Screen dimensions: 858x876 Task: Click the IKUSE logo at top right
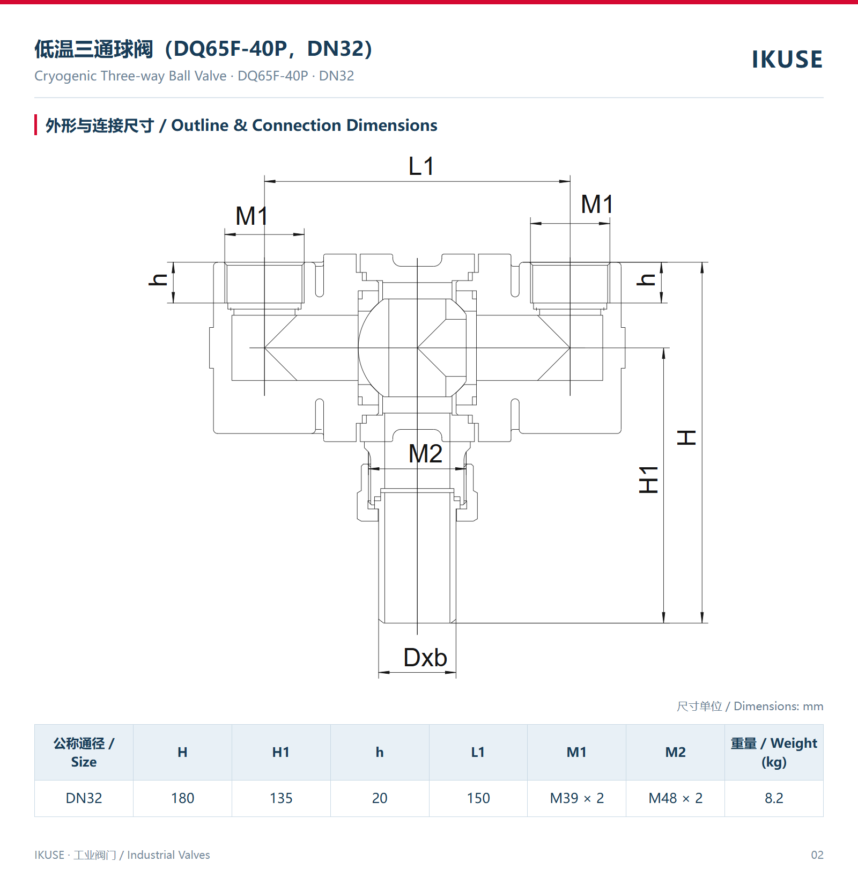point(787,60)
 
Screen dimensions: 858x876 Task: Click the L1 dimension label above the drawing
point(421,166)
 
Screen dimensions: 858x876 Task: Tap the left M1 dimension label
point(252,216)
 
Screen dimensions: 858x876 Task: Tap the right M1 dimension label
point(597,204)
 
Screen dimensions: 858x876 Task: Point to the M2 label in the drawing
point(425,454)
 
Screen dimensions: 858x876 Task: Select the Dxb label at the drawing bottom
point(425,658)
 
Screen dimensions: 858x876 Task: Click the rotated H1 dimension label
point(649,480)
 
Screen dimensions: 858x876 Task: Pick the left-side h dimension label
point(159,279)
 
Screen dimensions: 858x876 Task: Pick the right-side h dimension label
point(646,279)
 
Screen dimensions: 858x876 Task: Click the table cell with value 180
point(182,798)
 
